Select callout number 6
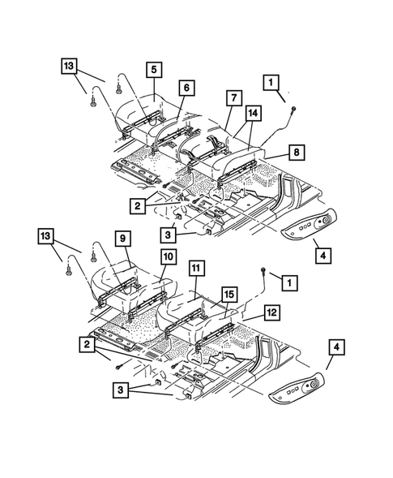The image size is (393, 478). point(186,88)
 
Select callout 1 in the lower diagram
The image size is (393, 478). point(286,282)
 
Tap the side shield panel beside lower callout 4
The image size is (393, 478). point(300,385)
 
